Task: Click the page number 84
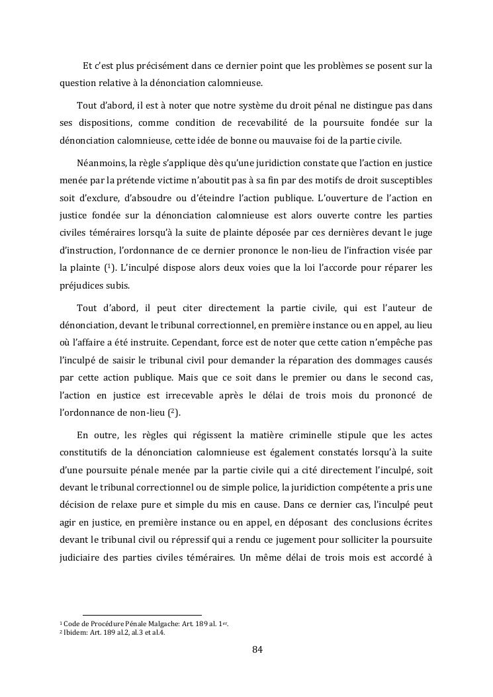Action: [257, 649]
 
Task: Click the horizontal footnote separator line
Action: [142, 615]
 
